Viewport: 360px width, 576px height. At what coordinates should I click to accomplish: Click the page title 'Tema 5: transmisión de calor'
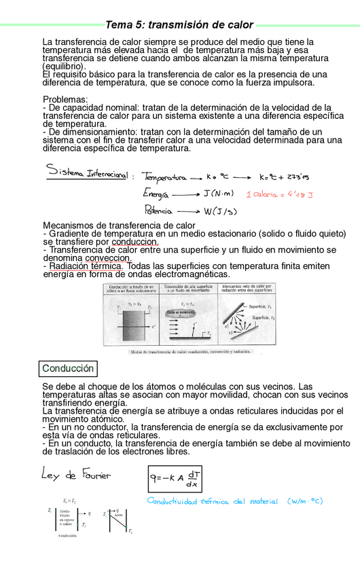[x=179, y=25]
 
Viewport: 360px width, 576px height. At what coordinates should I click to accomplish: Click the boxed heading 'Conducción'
[x=68, y=368]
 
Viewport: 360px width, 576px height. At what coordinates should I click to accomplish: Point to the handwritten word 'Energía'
[x=156, y=194]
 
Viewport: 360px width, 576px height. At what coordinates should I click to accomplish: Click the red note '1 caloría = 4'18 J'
[x=278, y=195]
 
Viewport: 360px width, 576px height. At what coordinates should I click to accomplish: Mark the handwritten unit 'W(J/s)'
[x=220, y=211]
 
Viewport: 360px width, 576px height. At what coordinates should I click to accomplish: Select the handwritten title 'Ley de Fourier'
[x=76, y=473]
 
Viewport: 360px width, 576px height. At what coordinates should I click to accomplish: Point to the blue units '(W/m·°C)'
[x=305, y=501]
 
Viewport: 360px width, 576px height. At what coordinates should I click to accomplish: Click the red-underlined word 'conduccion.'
[x=135, y=241]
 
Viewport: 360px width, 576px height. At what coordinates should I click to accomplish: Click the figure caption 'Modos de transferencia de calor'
[x=189, y=352]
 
